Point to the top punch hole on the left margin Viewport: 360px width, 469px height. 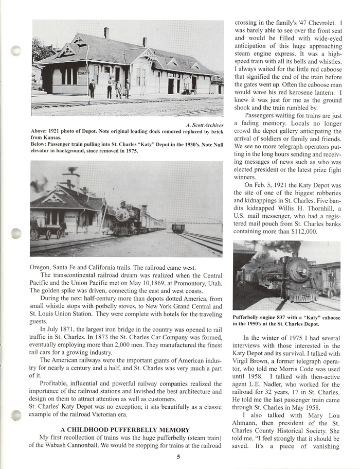click(x=17, y=51)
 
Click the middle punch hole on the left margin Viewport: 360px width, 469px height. click(x=17, y=233)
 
